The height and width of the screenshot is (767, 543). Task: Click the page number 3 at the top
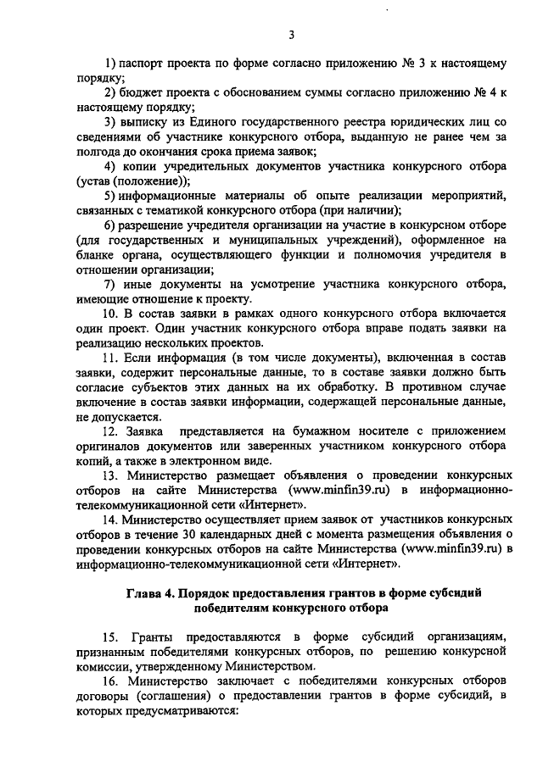(291, 35)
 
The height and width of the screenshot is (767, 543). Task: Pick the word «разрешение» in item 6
(155, 225)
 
